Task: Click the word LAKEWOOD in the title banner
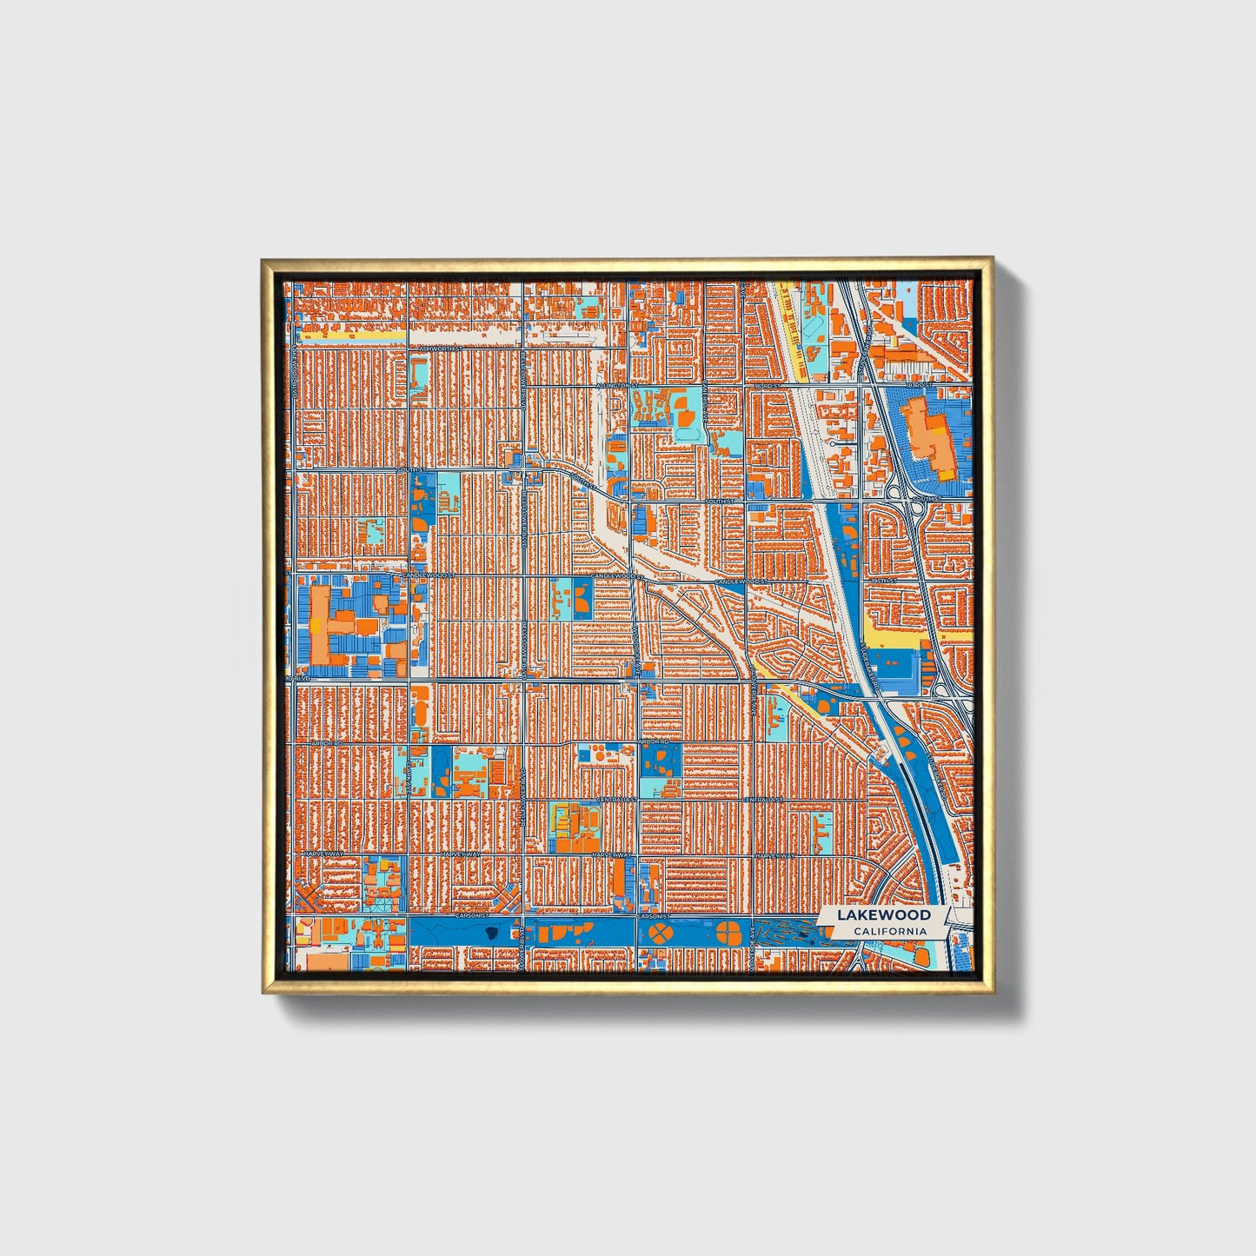click(x=883, y=915)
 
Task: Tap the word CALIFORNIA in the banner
click(x=889, y=932)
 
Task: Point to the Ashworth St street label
click(x=437, y=349)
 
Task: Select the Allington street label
click(x=616, y=384)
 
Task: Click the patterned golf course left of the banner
click(x=787, y=934)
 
